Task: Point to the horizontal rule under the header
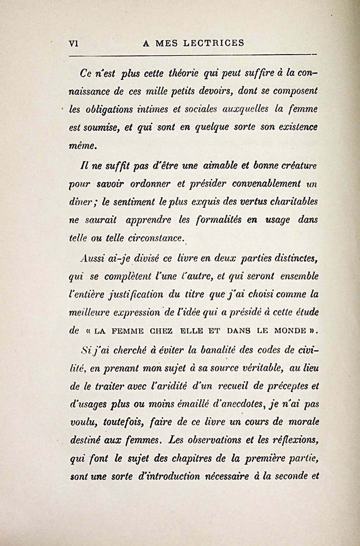pyautogui.click(x=192, y=55)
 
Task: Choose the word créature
pyautogui.click(x=297, y=166)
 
